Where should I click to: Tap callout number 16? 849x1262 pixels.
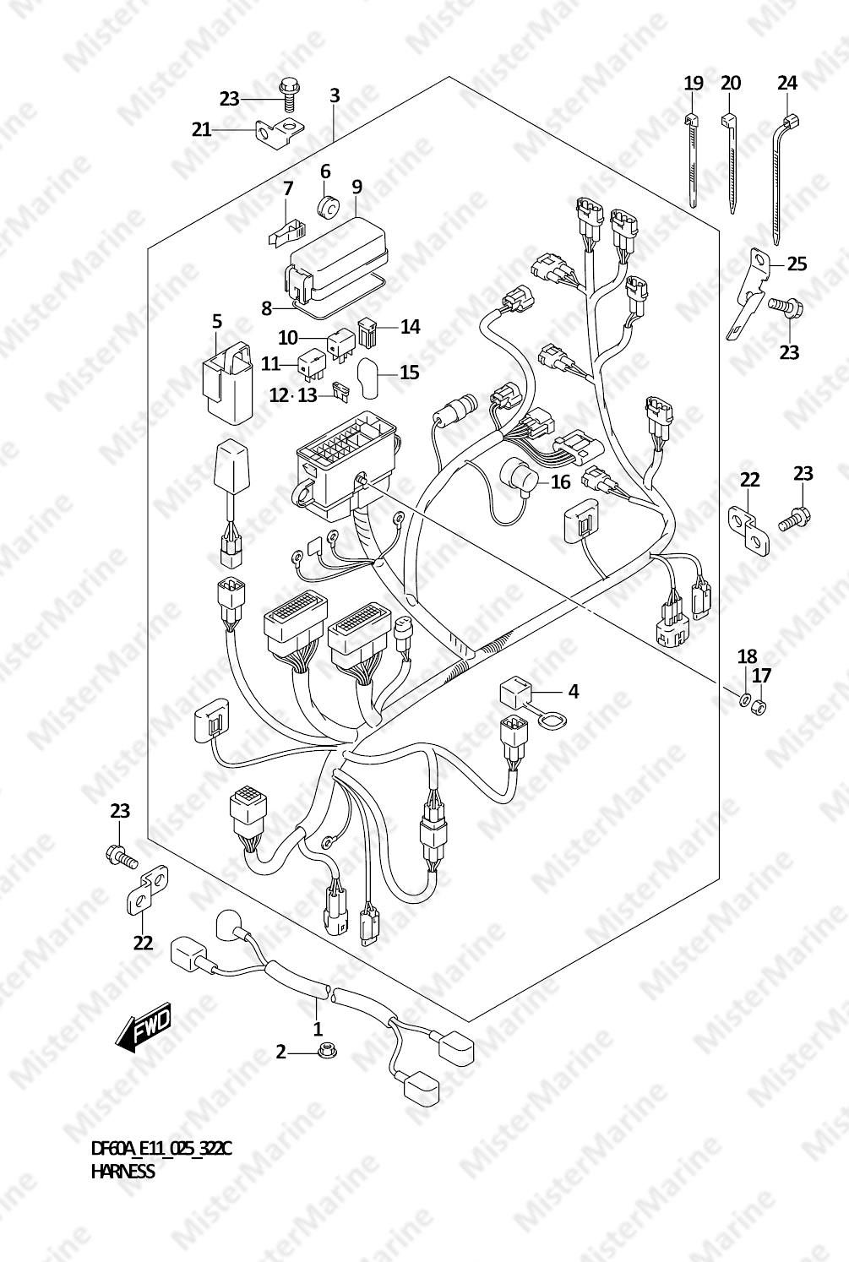pyautogui.click(x=560, y=482)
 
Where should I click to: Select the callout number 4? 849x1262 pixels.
pyautogui.click(x=574, y=691)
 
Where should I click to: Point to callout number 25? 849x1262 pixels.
pyautogui.click(x=797, y=264)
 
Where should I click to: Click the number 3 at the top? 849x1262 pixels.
pyautogui.click(x=335, y=95)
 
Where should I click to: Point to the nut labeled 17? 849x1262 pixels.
pyautogui.click(x=759, y=706)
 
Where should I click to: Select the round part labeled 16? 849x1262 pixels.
pyautogui.click(x=517, y=478)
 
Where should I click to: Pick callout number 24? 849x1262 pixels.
pyautogui.click(x=787, y=84)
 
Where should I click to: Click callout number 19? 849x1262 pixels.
pyautogui.click(x=694, y=84)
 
